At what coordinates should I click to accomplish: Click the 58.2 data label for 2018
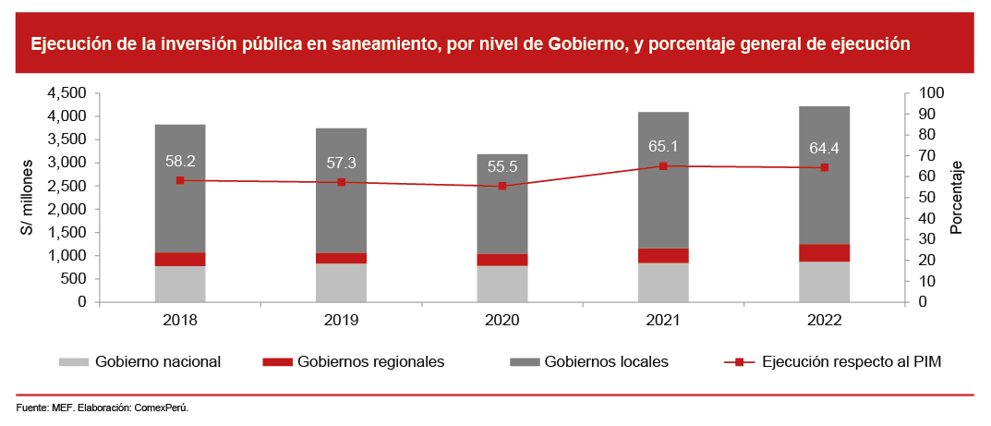pyautogui.click(x=180, y=160)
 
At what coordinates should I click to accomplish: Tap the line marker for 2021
pyautogui.click(x=663, y=166)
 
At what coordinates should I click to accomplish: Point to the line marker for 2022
pyautogui.click(x=824, y=167)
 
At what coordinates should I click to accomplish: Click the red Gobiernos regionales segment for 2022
pyautogui.click(x=824, y=253)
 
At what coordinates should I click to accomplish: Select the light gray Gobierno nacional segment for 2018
pyautogui.click(x=180, y=284)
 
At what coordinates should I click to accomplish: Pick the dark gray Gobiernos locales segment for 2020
pyautogui.click(x=502, y=203)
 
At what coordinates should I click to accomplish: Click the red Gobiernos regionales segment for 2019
pyautogui.click(x=341, y=258)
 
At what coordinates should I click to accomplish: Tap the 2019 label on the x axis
pyautogui.click(x=341, y=320)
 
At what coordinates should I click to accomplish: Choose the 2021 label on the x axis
pyautogui.click(x=663, y=320)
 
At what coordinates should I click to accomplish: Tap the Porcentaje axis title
pyautogui.click(x=957, y=197)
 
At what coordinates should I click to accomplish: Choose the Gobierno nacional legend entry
pyautogui.click(x=157, y=361)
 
